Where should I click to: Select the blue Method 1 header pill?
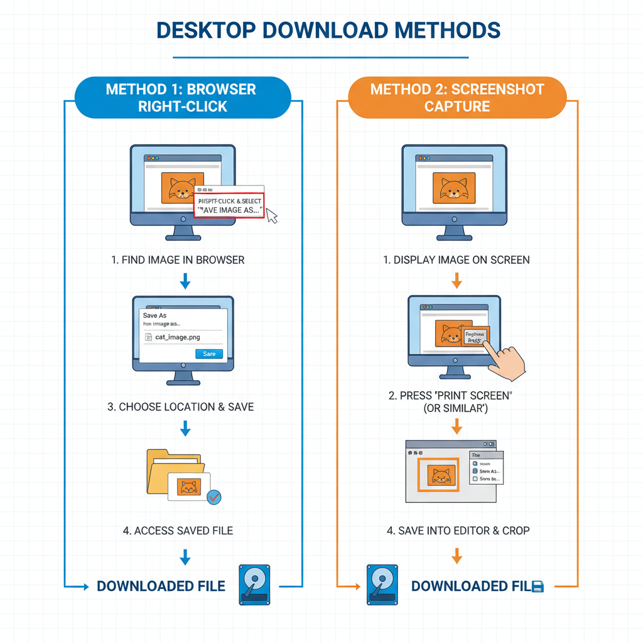(x=182, y=97)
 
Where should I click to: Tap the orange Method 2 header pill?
(x=457, y=97)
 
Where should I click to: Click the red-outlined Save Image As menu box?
(x=229, y=205)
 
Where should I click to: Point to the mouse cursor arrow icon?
(x=271, y=215)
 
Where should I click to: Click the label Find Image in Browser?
(x=178, y=259)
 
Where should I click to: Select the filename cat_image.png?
(x=178, y=337)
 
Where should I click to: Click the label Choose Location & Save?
(x=181, y=407)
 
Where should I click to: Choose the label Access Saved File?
(x=178, y=531)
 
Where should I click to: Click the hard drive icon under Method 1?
(x=254, y=585)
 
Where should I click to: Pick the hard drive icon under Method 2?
(x=382, y=585)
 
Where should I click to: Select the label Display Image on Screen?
(x=457, y=259)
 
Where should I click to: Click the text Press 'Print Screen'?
(x=457, y=396)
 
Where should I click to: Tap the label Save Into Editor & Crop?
(x=458, y=531)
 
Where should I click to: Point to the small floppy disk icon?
(x=538, y=586)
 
